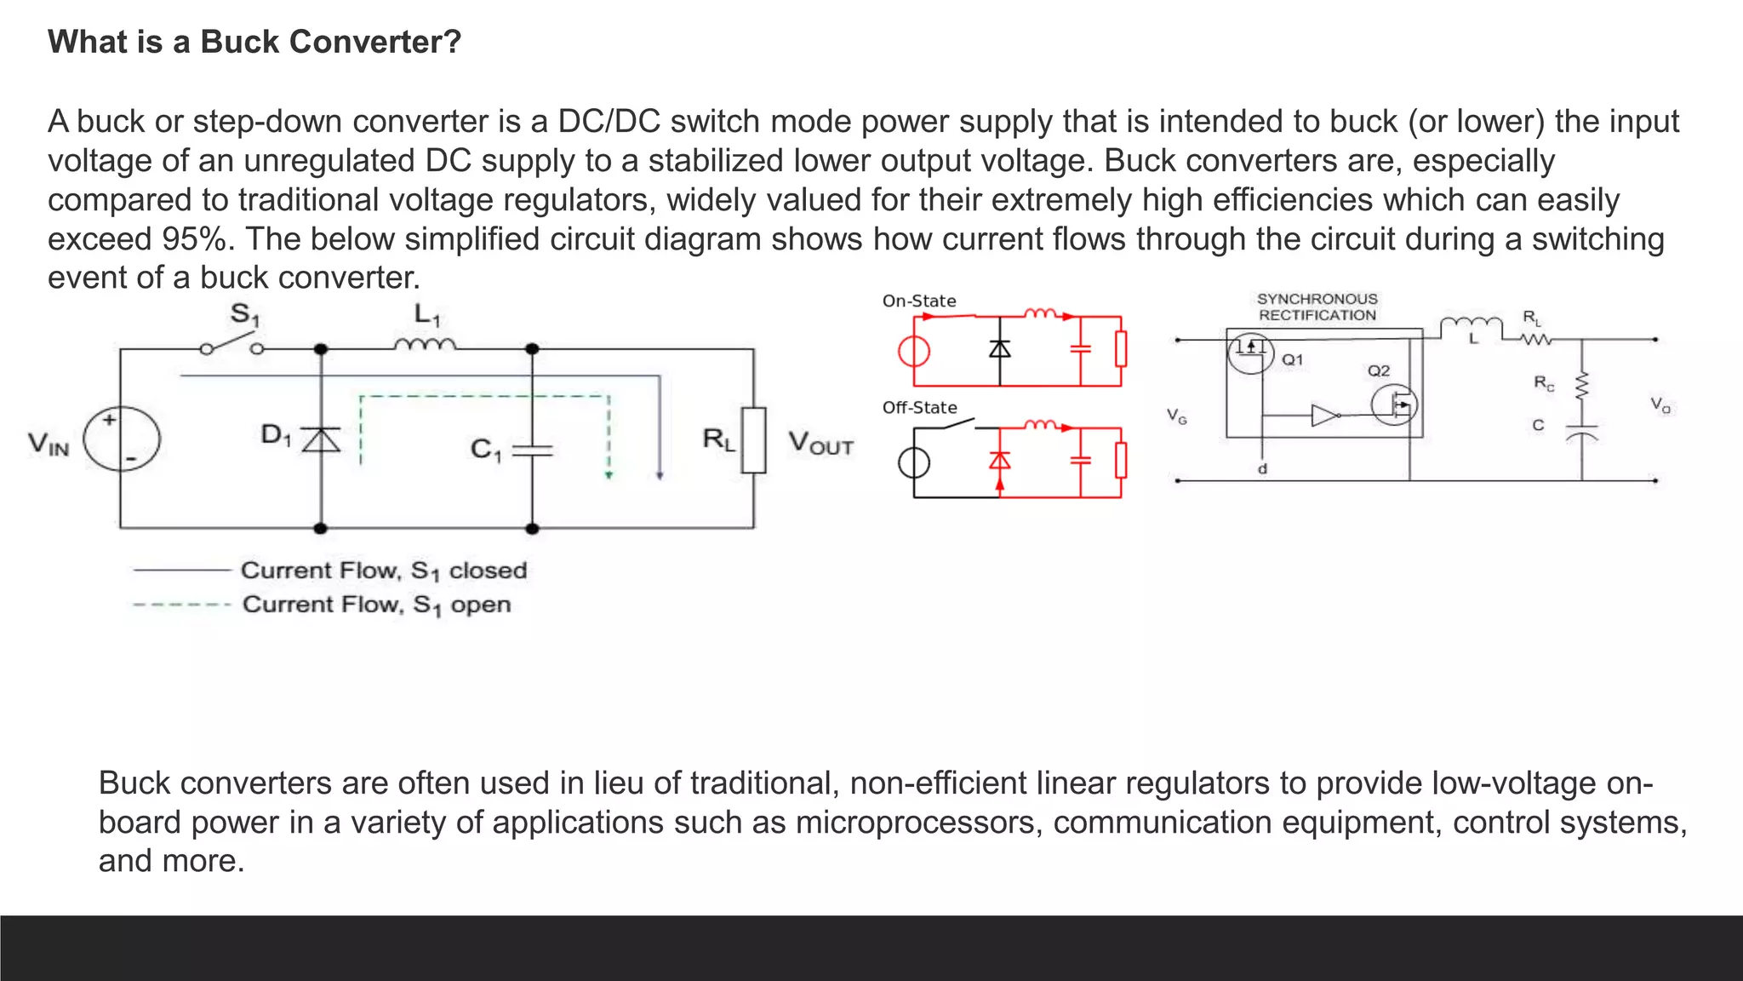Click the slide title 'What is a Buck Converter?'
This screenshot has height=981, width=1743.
(x=254, y=42)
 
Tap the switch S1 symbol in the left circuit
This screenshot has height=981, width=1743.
(x=231, y=346)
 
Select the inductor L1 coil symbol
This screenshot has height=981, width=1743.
(x=425, y=344)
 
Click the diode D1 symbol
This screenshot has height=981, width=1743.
(x=321, y=439)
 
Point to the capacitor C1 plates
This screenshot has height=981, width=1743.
(x=532, y=450)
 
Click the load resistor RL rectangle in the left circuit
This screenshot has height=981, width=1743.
(x=753, y=440)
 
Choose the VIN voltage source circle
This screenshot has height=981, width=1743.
(x=121, y=439)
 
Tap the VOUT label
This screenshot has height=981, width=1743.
(x=820, y=443)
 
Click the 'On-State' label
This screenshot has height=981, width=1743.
(x=919, y=301)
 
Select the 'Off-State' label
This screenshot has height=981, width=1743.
(x=919, y=407)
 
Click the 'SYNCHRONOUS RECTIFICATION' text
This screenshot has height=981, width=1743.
(x=1317, y=307)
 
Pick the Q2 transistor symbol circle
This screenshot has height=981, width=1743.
(x=1394, y=405)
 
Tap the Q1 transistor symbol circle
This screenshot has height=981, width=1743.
(x=1249, y=351)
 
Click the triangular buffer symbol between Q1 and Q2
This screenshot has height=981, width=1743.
(x=1323, y=416)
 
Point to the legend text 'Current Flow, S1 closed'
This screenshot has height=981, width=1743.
(x=384, y=570)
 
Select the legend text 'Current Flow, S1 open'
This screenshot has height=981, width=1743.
(x=377, y=605)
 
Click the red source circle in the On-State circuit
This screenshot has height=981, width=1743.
(x=914, y=351)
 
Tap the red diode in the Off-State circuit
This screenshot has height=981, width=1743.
(x=1000, y=461)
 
